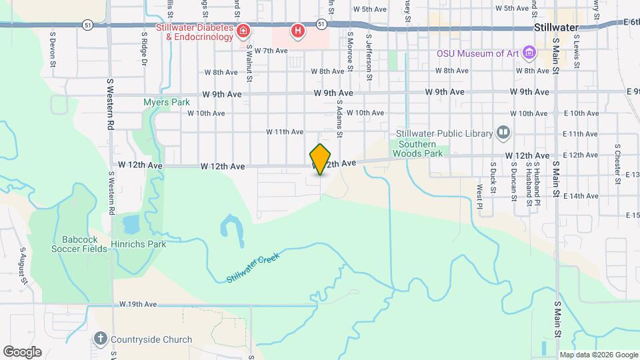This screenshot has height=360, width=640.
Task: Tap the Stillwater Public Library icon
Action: (503, 133)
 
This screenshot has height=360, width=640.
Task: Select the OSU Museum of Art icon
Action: (529, 52)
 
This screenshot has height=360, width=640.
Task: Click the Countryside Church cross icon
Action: (100, 339)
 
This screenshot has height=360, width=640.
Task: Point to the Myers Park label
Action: (167, 102)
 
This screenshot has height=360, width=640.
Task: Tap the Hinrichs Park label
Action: (139, 244)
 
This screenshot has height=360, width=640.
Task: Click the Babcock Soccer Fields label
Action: (79, 244)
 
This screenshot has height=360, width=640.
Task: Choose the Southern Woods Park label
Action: (417, 149)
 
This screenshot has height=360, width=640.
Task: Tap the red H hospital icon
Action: (297, 31)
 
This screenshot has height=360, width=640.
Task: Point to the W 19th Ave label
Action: (138, 304)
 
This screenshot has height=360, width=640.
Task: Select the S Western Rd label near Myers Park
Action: (111, 104)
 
